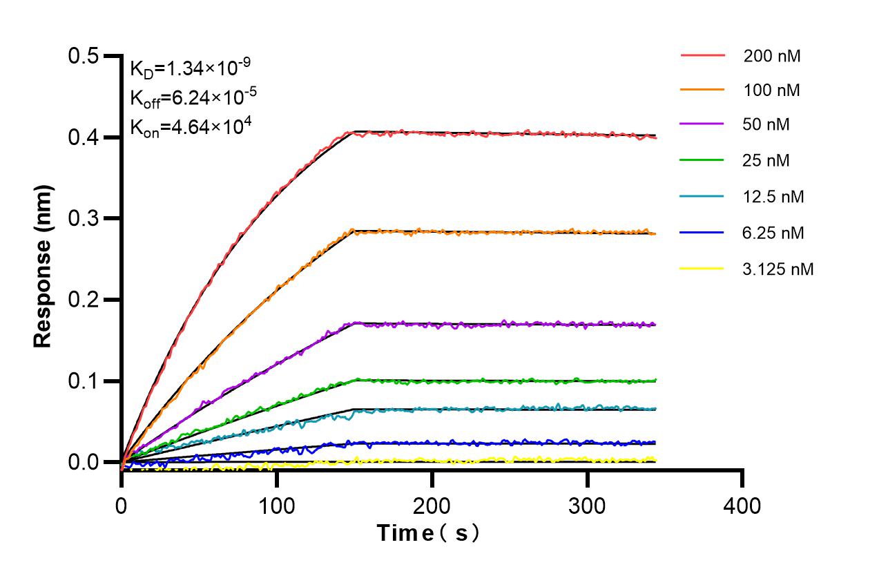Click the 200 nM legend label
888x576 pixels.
pyautogui.click(x=772, y=56)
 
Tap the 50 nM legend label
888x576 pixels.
pyautogui.click(x=766, y=126)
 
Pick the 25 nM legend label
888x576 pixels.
pyautogui.click(x=766, y=161)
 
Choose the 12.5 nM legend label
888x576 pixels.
pyautogui.click(x=773, y=197)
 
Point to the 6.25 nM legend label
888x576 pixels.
pyautogui.click(x=773, y=233)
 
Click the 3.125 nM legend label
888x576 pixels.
pyautogui.click(x=778, y=269)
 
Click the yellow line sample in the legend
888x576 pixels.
pyautogui.click(x=702, y=268)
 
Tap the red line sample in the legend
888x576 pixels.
pyautogui.click(x=702, y=55)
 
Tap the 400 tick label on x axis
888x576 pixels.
pyautogui.click(x=742, y=506)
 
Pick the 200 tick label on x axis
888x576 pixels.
pyautogui.click(x=432, y=506)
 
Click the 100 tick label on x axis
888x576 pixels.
pyautogui.click(x=276, y=506)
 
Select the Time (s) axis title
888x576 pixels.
pyautogui.click(x=428, y=533)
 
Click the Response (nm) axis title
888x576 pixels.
pyautogui.click(x=44, y=266)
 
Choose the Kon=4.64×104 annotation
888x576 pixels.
pyautogui.click(x=190, y=127)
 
